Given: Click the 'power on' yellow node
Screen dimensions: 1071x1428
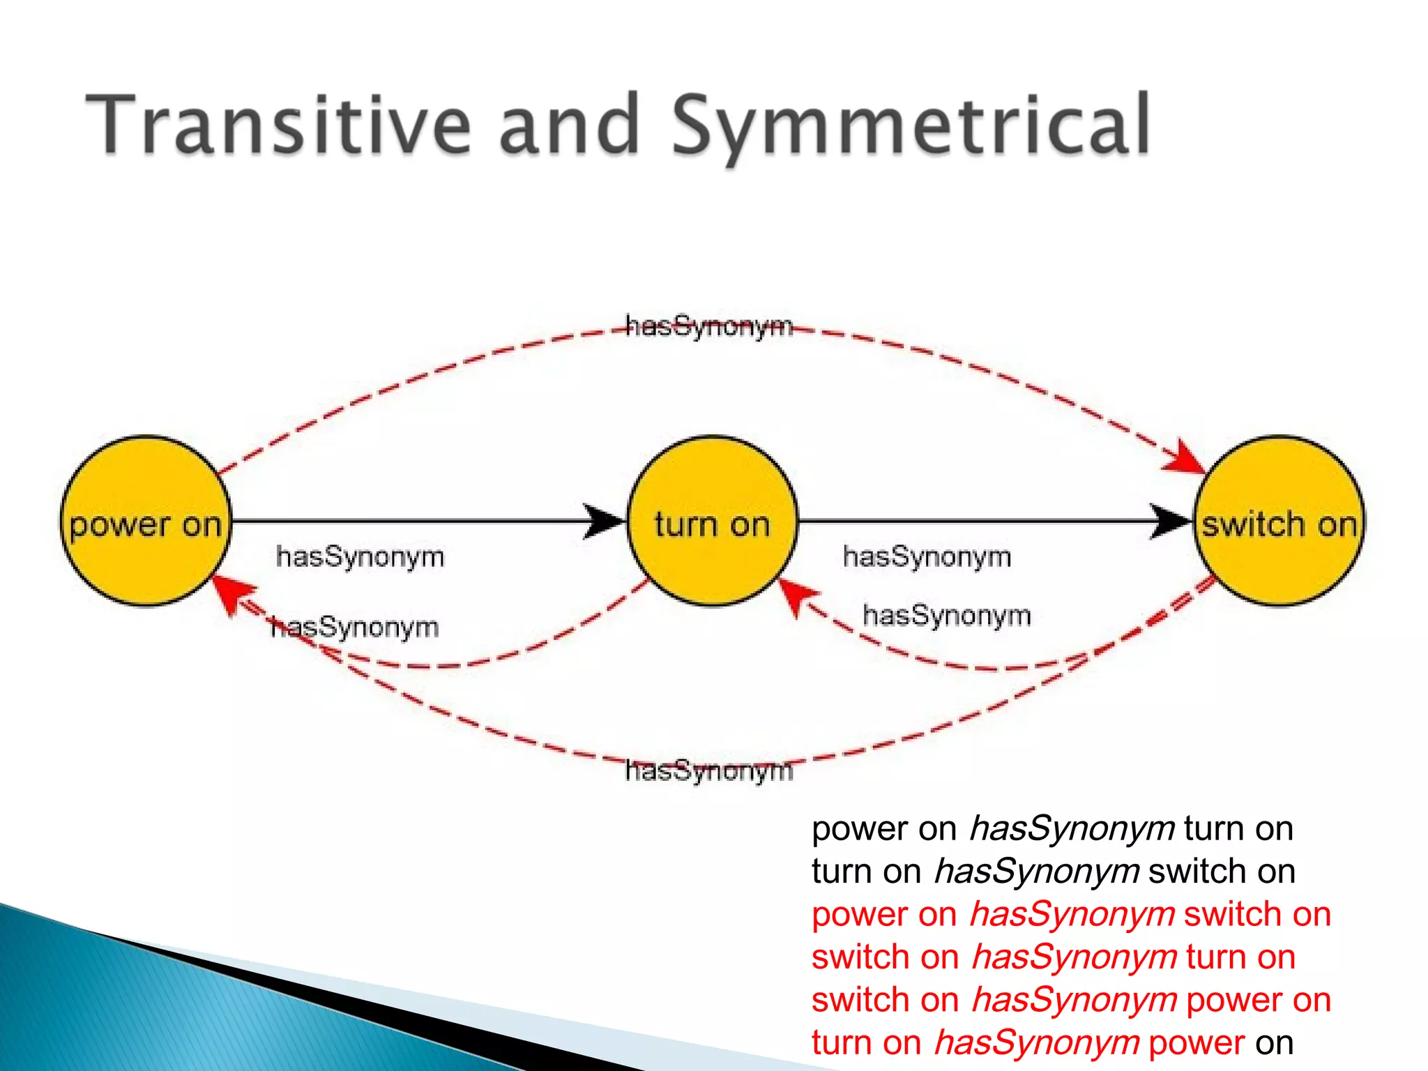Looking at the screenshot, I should click(x=145, y=522).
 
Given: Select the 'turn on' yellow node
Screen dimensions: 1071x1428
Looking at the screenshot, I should click(x=712, y=522).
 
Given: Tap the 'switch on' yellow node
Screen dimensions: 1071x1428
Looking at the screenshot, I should click(x=1279, y=522).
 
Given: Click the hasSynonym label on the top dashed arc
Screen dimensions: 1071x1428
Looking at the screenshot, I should click(x=709, y=326).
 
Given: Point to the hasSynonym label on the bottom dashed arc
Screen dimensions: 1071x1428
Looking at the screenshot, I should click(x=709, y=771).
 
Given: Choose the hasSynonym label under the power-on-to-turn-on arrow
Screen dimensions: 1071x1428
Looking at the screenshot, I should click(x=360, y=557).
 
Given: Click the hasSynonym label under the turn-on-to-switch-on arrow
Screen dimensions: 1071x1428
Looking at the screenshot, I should click(x=927, y=557).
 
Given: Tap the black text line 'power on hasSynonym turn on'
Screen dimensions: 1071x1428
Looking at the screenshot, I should click(x=1052, y=829).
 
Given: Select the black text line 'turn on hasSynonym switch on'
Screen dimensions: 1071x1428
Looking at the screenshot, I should click(x=1053, y=872).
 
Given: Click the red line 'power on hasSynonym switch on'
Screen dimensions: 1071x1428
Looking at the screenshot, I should click(x=1071, y=914).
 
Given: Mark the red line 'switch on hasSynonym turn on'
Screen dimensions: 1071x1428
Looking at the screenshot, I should click(x=1053, y=957).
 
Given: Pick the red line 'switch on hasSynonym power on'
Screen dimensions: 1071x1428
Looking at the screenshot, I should click(x=1071, y=1000).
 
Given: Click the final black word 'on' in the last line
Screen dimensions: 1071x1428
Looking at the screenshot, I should click(x=1274, y=1043).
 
